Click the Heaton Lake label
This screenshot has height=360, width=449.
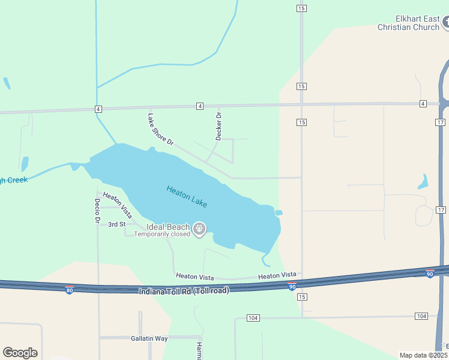(x=187, y=196)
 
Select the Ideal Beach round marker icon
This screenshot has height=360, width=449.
(x=200, y=229)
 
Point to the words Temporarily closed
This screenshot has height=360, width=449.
(x=162, y=235)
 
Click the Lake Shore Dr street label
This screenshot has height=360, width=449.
(x=160, y=128)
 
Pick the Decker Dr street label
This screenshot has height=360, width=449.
(x=219, y=127)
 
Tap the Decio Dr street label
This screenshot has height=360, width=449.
(x=97, y=211)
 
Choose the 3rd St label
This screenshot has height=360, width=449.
(x=116, y=224)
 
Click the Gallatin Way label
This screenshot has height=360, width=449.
(x=149, y=338)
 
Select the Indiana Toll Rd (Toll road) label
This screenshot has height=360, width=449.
(x=183, y=291)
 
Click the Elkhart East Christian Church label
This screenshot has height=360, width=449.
(x=408, y=23)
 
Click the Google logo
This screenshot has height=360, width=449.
(x=20, y=353)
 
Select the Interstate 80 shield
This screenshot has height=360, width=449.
(x=70, y=289)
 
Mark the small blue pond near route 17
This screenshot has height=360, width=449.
(x=424, y=181)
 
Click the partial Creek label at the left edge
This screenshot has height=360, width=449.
(x=14, y=180)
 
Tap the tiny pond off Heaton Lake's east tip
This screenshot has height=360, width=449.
(x=279, y=212)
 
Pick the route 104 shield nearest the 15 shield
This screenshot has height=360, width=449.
(x=252, y=317)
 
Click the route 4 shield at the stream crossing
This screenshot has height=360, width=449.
(x=98, y=109)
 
